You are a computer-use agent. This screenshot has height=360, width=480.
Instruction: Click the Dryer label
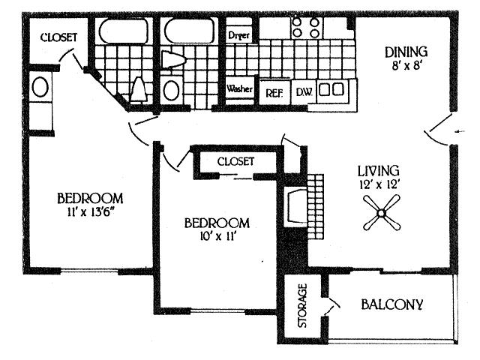[239, 34]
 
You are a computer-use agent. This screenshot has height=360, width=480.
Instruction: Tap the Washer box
[239, 88]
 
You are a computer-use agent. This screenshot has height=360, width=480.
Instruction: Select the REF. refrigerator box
[273, 93]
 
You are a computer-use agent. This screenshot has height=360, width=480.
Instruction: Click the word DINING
[406, 52]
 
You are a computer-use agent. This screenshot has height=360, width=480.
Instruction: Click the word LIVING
[378, 170]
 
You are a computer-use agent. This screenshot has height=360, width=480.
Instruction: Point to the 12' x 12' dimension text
[378, 183]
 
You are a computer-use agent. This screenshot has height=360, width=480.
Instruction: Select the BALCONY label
[392, 304]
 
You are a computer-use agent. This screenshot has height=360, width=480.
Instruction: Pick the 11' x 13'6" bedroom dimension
[90, 212]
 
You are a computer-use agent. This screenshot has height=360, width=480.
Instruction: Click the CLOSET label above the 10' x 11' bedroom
[236, 161]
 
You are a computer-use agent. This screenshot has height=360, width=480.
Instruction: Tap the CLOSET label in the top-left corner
[58, 36]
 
